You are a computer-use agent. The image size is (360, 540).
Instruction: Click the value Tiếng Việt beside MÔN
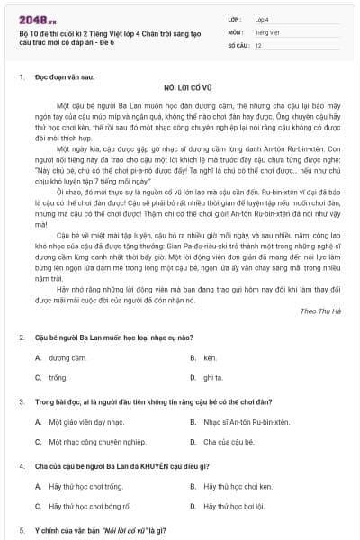pyautogui.click(x=267, y=31)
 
